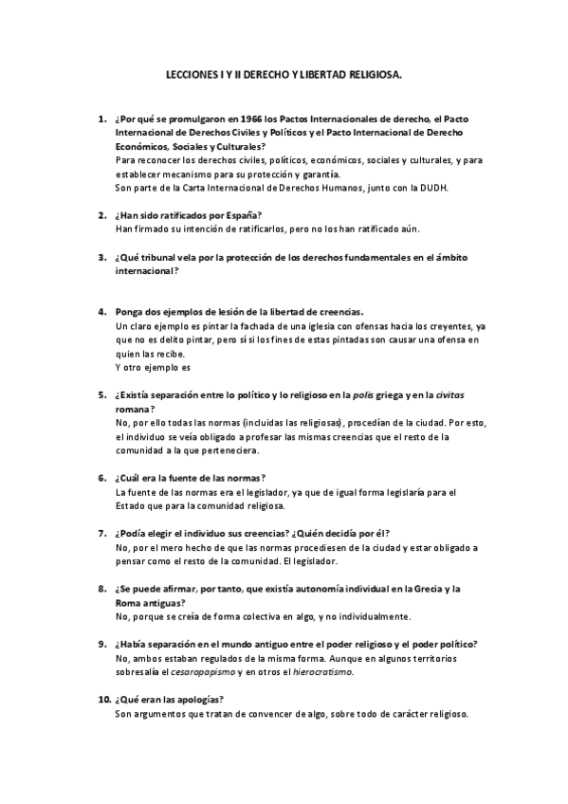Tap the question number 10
(x=103, y=700)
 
